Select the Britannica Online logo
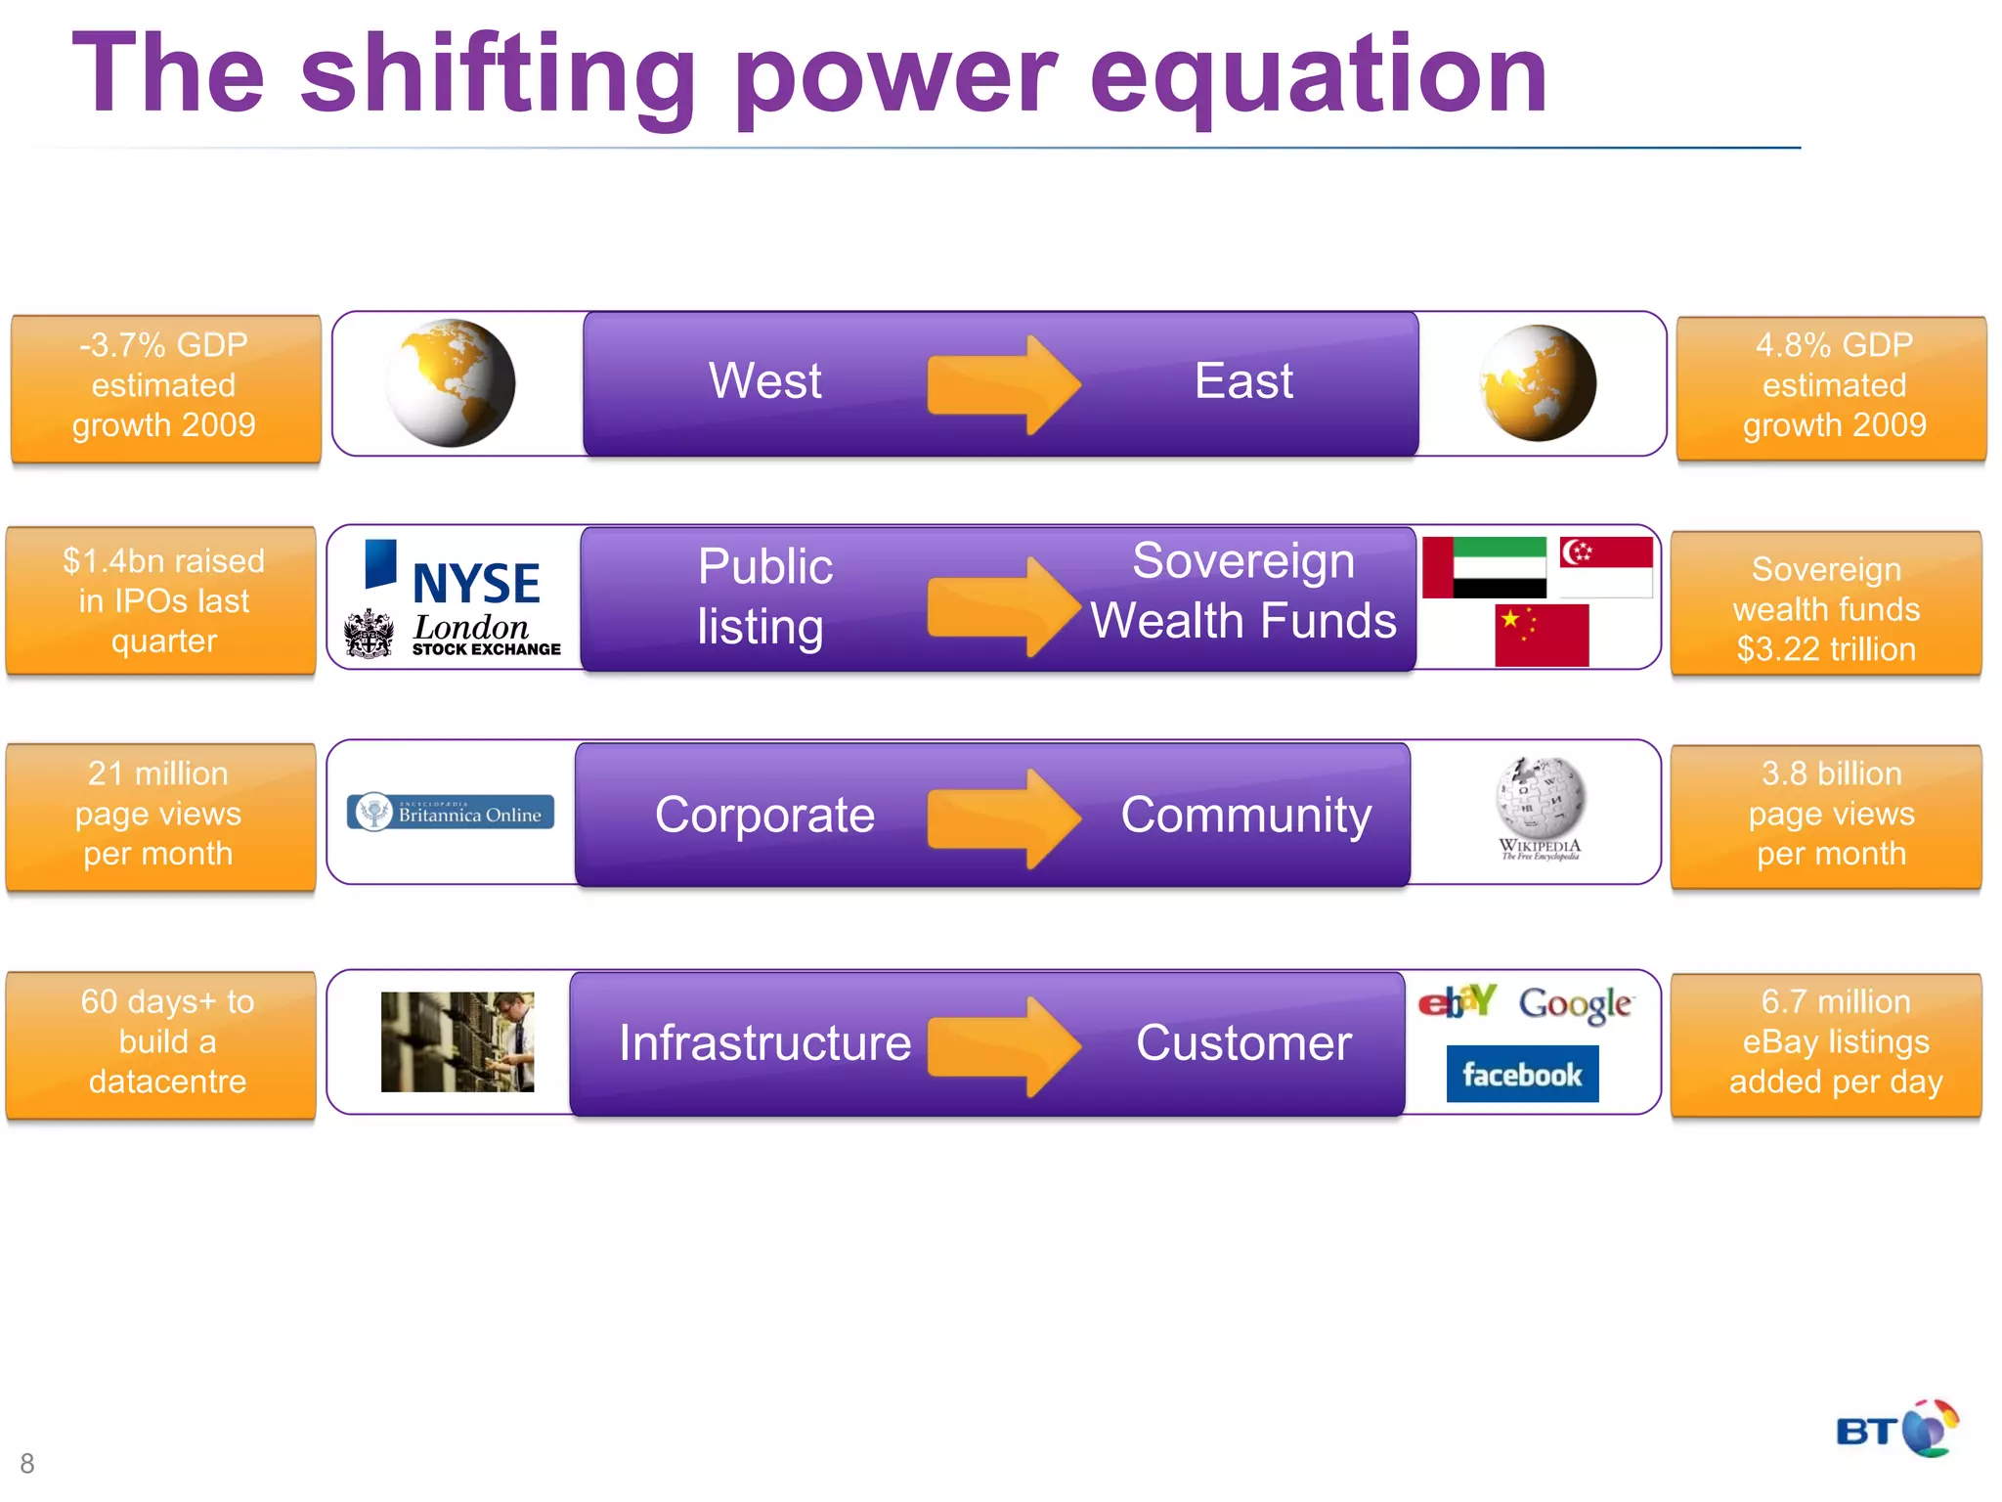451,813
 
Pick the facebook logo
1522,1074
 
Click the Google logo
1575,1003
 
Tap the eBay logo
1458,1001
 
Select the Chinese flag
1542,636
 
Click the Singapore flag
1606,566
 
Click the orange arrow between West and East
1003,384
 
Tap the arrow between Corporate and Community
1003,817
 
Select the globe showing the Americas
451,383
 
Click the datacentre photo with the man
457,1041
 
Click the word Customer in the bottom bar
1243,1042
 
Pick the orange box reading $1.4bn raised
162,600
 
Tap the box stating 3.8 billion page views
1826,815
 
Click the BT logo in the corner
1896,1429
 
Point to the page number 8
27,1463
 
